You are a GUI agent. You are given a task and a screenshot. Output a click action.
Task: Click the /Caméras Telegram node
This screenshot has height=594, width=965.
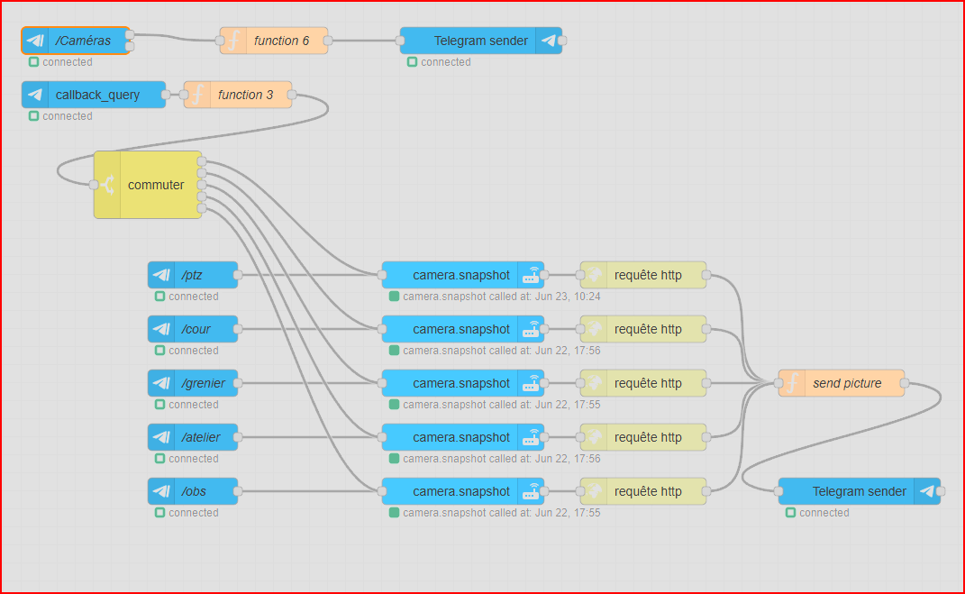click(77, 41)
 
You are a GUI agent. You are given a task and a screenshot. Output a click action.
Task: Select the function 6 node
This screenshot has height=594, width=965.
click(274, 41)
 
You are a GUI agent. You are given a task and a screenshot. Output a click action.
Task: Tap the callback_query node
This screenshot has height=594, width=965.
click(95, 95)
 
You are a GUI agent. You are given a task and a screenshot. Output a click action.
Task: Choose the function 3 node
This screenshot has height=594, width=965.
click(238, 95)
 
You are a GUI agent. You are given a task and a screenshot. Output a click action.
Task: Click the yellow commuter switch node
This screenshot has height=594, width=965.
click(148, 185)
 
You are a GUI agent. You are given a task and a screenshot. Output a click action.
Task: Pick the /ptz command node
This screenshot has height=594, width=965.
click(193, 275)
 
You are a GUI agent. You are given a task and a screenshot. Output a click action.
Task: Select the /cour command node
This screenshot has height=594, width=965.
click(193, 329)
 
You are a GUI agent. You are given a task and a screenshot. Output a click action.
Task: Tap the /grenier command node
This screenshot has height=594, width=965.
click(193, 383)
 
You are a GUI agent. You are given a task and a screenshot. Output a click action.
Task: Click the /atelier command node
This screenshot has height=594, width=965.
click(193, 437)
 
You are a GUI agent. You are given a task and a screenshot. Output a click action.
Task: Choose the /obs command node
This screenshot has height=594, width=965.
click(193, 491)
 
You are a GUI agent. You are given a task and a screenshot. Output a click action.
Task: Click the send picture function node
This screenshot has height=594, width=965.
click(842, 383)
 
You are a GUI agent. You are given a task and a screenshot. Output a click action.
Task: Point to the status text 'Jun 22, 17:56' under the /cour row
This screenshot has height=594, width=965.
click(567, 351)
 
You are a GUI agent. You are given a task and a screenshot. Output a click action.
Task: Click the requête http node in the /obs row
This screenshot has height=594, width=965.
click(643, 491)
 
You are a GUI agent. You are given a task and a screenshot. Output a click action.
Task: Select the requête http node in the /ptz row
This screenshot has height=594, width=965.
click(643, 275)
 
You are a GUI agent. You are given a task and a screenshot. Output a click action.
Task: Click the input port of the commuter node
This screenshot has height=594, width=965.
click(94, 185)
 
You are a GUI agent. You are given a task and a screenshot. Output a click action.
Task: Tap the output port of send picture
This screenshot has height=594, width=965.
click(905, 383)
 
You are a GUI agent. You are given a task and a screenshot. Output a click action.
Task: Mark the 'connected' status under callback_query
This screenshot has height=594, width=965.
click(67, 116)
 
